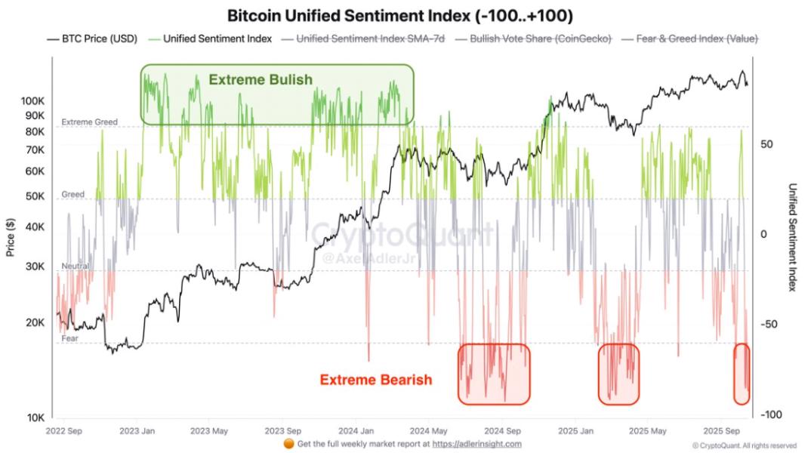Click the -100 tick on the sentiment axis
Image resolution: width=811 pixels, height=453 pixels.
tap(770, 415)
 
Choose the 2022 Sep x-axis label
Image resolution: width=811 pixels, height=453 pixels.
tap(65, 431)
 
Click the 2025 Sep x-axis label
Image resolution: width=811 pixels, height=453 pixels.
tap(723, 431)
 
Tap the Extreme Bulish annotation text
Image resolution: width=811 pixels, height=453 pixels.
tap(260, 79)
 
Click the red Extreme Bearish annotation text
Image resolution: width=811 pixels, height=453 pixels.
tap(376, 380)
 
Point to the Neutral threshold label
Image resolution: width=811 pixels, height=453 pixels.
tap(76, 267)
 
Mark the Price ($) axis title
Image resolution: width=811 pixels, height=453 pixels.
tap(11, 238)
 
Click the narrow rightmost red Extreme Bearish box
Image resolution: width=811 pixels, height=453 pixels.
tap(742, 374)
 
